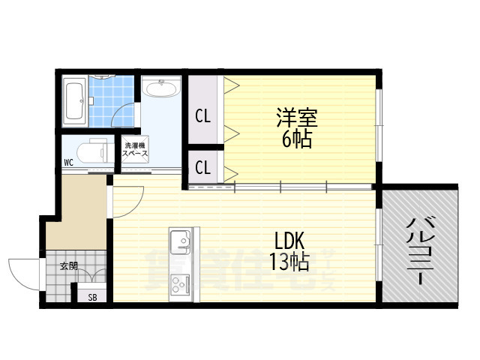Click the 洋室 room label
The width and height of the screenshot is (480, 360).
pyautogui.click(x=298, y=118)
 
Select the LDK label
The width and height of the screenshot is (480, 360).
pyautogui.click(x=289, y=241)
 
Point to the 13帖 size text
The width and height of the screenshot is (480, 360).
pyautogui.click(x=289, y=262)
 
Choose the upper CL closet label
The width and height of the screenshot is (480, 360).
pyautogui.click(x=202, y=116)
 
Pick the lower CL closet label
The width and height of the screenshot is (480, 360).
pyautogui.click(x=202, y=167)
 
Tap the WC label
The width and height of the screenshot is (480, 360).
pyautogui.click(x=68, y=162)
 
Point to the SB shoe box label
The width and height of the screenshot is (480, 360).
pyautogui.click(x=92, y=297)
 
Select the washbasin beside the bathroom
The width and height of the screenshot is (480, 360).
pyautogui.click(x=160, y=90)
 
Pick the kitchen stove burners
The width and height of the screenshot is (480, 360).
pyautogui.click(x=181, y=284)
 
